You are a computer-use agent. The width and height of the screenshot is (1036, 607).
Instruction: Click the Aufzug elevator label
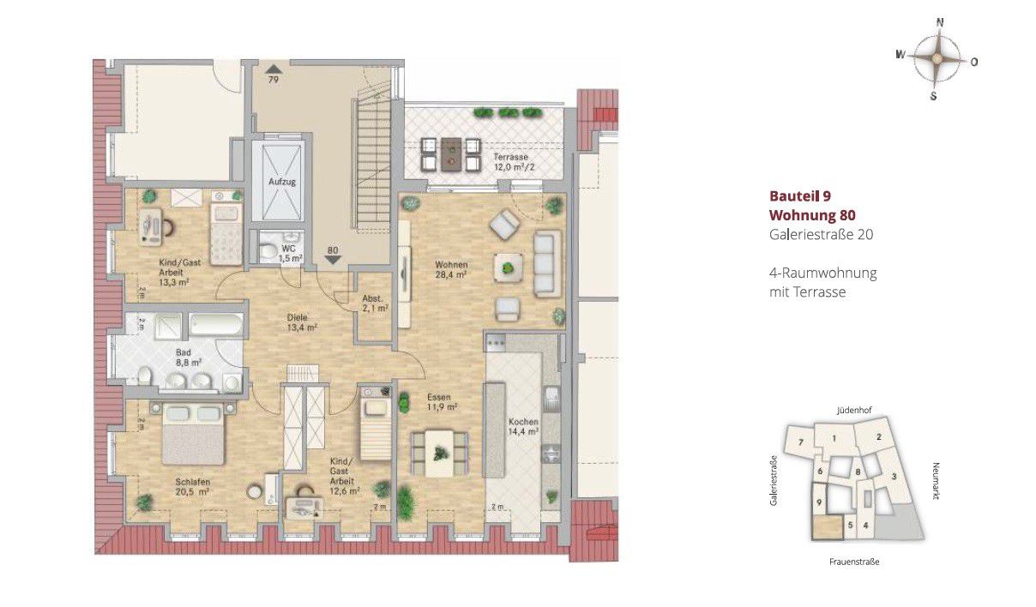tap(282, 182)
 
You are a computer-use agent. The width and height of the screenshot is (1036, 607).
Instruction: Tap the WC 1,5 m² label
tap(291, 254)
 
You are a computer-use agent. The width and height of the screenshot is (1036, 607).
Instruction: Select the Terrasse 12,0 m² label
tap(514, 162)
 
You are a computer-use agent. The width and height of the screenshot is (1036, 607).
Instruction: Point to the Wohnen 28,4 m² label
tap(451, 269)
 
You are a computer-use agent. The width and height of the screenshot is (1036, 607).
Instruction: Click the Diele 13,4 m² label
tap(302, 322)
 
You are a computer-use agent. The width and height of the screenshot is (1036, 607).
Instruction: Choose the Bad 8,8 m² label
tap(184, 358)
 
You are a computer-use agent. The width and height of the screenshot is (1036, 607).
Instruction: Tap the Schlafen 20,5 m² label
tap(192, 486)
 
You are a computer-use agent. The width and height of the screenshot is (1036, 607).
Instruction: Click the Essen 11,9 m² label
tap(443, 402)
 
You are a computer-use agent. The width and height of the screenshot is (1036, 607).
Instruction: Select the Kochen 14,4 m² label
tap(523, 426)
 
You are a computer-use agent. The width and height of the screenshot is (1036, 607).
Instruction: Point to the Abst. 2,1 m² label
tap(375, 303)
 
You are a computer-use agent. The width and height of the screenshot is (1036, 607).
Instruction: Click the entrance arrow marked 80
tap(333, 260)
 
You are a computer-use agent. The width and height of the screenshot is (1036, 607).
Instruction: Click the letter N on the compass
tap(940, 22)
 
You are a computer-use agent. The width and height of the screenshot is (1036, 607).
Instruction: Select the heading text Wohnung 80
tap(812, 215)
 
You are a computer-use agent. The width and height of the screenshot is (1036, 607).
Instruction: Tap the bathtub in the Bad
tap(216, 324)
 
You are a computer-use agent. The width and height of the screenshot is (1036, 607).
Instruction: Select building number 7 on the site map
tap(801, 442)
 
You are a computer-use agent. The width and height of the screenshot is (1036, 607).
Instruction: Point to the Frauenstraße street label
tap(854, 562)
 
